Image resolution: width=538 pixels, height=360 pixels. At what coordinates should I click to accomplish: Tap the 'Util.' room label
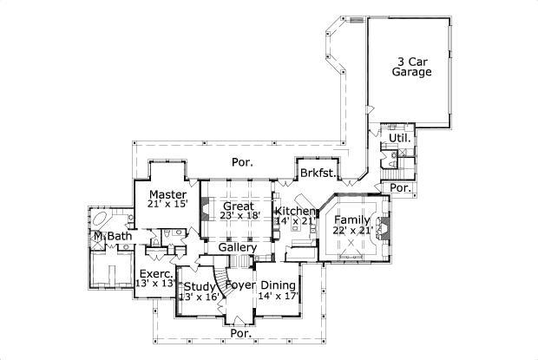point(398,138)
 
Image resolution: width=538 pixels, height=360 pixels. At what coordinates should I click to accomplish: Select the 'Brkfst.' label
point(318,173)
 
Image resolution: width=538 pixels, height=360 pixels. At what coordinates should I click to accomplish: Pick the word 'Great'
point(238,206)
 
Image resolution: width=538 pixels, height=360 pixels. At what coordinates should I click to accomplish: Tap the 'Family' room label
point(352,220)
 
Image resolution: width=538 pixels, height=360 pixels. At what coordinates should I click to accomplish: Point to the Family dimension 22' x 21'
point(352,231)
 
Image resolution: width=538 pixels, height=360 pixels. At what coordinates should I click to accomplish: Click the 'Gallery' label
point(237,248)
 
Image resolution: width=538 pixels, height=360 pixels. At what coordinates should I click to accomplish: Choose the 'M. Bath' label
point(111,236)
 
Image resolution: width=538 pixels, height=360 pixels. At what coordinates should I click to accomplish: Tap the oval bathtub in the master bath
point(102,219)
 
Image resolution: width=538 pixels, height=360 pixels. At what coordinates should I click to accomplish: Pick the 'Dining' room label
point(278,285)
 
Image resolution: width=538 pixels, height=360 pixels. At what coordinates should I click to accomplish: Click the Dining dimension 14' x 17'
point(278,297)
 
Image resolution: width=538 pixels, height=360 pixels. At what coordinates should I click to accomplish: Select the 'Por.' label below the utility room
point(400,188)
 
